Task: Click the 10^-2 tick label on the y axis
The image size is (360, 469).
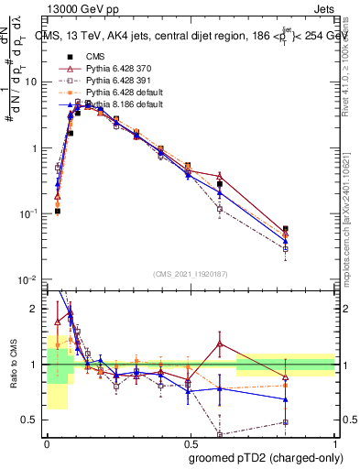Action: (x=30, y=279)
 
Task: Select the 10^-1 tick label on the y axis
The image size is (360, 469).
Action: (x=30, y=213)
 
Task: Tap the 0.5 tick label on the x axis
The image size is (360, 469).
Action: (x=190, y=442)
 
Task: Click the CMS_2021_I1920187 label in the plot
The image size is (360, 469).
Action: (x=190, y=272)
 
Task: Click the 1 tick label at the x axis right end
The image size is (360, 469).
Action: (x=334, y=442)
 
